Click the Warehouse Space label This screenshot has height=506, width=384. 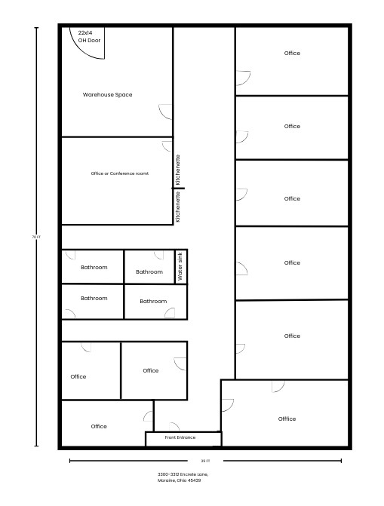pos(107,94)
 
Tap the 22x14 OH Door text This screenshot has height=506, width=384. pos(89,36)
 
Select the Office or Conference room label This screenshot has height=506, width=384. pos(120,173)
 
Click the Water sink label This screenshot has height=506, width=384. pos(180,266)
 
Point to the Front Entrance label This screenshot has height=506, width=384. pos(180,437)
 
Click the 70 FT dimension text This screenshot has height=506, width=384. pos(36,237)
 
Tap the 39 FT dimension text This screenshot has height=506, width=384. pos(205,461)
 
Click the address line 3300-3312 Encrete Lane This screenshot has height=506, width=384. pos(183,474)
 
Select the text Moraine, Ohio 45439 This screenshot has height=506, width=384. pos(180,480)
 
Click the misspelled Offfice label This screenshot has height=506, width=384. pos(287,419)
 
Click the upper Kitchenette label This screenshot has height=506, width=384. pos(177,170)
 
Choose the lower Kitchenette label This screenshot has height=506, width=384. pos(177,207)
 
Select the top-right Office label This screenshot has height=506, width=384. pos(292,53)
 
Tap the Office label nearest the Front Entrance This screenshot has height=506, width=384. pos(99,426)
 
